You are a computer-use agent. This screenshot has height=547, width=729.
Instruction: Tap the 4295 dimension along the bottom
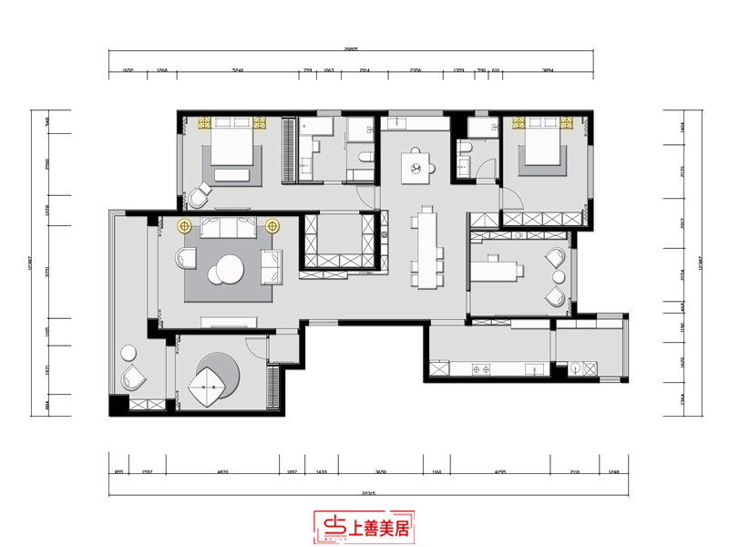click(x=498, y=471)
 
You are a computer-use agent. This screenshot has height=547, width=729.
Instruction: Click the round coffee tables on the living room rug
click(x=225, y=269)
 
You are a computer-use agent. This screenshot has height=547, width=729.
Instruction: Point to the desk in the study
click(x=497, y=269)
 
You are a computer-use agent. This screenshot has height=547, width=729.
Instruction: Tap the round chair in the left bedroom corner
click(x=200, y=194)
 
